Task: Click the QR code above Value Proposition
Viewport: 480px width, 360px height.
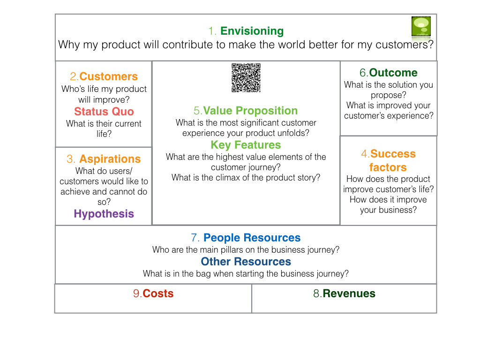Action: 246,78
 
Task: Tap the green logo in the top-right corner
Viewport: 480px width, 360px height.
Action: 420,27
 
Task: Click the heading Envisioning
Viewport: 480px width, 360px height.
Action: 252,31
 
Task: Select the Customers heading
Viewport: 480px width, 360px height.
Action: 108,76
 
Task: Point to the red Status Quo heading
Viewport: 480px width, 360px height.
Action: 104,112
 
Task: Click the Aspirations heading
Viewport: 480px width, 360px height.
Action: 110,159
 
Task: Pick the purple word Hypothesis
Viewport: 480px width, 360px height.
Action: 104,214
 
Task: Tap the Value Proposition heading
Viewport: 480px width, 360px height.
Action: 250,111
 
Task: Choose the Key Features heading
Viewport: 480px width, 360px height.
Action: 246,145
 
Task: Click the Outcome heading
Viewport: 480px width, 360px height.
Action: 393,73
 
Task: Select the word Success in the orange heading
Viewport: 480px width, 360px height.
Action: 393,154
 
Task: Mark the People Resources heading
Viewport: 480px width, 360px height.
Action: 252,238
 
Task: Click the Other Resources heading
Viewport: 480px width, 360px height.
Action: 246,262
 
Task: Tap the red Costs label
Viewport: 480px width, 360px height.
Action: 158,293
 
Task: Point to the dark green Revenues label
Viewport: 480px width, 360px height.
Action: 349,293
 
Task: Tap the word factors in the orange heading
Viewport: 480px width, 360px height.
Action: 388,167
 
